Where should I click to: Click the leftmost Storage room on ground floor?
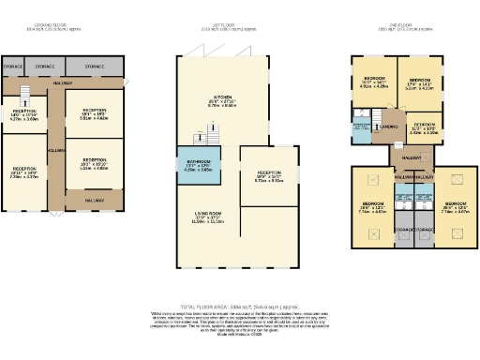12,67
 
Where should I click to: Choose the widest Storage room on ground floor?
94,67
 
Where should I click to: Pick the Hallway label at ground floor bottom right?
94,200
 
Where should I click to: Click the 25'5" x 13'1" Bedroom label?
372,207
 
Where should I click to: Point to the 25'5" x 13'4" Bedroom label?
454,207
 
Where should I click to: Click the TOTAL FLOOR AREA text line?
239,306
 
